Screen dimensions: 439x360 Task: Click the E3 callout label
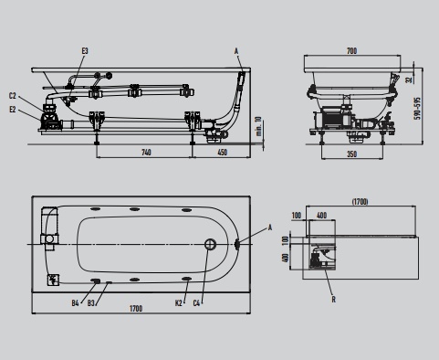[85, 51]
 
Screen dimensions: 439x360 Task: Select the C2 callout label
[13, 96]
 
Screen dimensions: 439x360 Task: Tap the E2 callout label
[13, 110]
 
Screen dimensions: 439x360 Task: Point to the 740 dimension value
[146, 152]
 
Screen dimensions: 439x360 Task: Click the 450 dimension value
[223, 152]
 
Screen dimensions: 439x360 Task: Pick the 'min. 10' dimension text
[258, 126]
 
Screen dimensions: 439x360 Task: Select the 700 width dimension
[351, 51]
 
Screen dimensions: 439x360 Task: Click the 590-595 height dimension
[418, 109]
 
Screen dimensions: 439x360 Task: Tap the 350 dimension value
[351, 154]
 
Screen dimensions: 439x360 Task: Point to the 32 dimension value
[409, 79]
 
